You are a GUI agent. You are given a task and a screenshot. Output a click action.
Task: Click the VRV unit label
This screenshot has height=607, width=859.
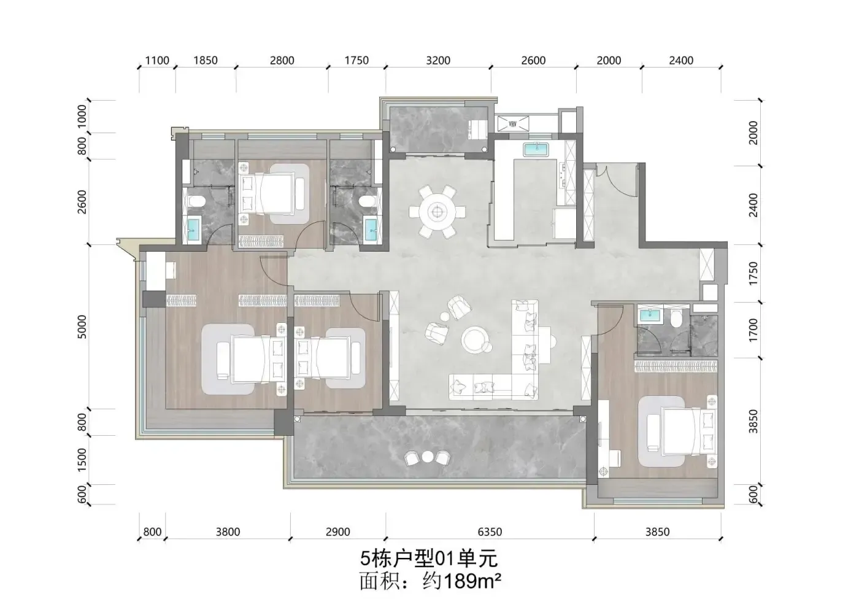tap(513, 124)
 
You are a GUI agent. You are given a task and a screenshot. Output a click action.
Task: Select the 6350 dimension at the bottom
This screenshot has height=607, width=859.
tap(490, 532)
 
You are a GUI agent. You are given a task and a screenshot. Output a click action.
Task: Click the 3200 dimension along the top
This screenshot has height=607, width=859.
tap(438, 61)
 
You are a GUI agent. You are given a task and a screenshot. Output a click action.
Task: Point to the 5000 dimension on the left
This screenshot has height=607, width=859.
tap(82, 327)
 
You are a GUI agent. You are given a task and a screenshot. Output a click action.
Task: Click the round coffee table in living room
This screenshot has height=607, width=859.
tap(476, 339)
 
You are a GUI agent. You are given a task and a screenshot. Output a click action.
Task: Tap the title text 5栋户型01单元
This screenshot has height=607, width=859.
tap(429, 559)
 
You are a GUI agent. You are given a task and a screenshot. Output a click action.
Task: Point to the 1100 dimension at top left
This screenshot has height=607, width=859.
tap(157, 61)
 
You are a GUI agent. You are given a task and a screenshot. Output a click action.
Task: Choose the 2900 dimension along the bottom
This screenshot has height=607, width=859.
tap(338, 532)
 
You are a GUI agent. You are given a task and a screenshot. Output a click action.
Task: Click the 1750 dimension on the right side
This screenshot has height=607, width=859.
tap(753, 274)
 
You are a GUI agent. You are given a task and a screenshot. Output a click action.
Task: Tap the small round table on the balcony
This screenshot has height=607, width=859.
tap(427, 457)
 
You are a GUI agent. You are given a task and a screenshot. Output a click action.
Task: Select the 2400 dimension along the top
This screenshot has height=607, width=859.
tap(681, 61)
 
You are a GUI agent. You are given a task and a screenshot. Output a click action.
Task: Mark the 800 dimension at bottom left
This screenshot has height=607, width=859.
tap(152, 532)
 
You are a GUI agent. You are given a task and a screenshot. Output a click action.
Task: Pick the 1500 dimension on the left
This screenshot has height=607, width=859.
tap(82, 460)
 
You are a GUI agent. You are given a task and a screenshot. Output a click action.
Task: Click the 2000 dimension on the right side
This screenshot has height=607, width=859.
tap(753, 133)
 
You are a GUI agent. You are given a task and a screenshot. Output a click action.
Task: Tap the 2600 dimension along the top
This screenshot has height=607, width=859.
tap(533, 61)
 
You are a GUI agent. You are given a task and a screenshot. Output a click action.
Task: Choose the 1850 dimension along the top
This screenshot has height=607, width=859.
tap(205, 61)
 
